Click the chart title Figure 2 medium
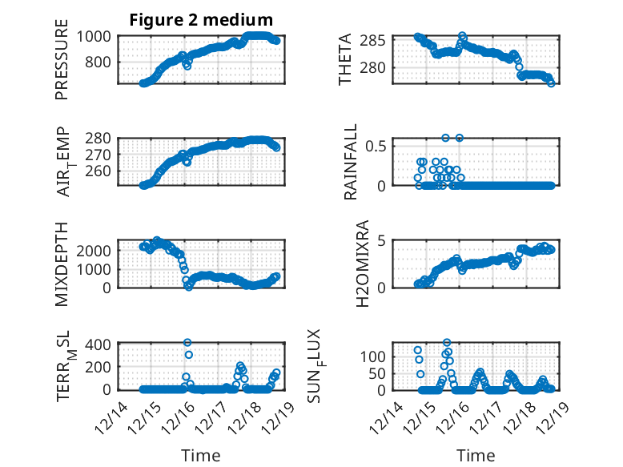[200, 19]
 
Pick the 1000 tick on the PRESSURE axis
[99, 36]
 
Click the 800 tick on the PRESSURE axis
[104, 62]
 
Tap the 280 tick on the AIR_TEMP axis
[104, 139]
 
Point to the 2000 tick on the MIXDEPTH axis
[98, 250]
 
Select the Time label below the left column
[200, 455]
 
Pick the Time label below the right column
[476, 455]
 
